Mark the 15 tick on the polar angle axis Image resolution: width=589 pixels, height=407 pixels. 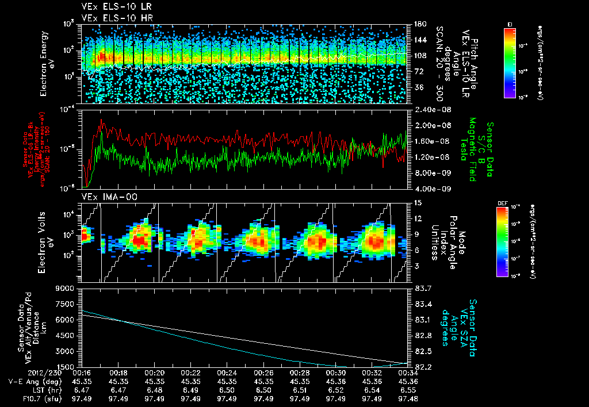415,203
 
